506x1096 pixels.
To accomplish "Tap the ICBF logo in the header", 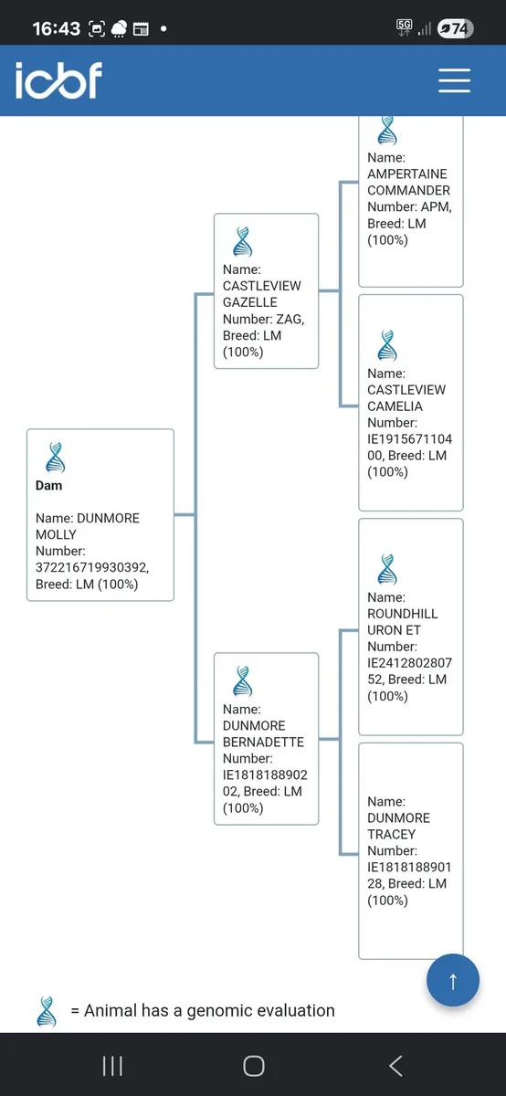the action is tap(58, 79).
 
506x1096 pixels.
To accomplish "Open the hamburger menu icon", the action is tap(454, 80).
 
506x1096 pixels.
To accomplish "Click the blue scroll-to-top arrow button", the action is tap(453, 980).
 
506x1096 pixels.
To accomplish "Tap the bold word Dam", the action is tap(49, 485).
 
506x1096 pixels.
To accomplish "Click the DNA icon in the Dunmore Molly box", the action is tap(56, 458).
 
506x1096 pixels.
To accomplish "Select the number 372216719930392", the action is tap(92, 567).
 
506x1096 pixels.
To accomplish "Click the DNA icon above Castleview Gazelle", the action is tap(243, 242).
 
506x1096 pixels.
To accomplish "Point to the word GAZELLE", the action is tap(250, 302).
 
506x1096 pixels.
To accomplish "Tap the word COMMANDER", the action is tap(408, 190).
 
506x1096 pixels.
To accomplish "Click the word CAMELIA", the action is tap(395, 406).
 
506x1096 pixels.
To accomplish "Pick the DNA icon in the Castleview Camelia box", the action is tap(387, 345).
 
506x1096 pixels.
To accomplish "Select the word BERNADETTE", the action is tap(263, 742).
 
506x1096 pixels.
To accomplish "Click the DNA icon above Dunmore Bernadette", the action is tap(243, 681).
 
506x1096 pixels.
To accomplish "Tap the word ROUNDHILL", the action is tap(403, 614).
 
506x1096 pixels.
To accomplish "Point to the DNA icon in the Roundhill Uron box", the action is tap(387, 570).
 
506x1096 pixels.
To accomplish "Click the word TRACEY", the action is tap(392, 834).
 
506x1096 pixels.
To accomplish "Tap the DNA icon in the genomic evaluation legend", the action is tap(47, 1011).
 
